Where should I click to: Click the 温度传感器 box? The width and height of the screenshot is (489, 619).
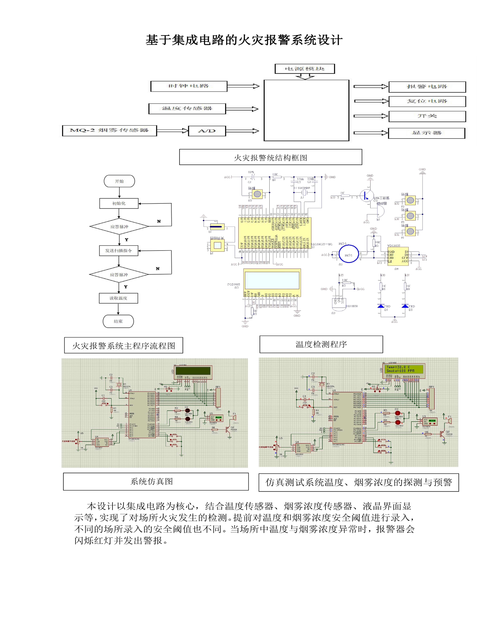coord(187,108)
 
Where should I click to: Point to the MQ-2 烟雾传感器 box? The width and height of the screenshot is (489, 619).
coord(109,131)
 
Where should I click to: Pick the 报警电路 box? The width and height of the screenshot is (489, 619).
coord(427,87)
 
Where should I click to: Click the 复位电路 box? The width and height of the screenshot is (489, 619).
coord(427,101)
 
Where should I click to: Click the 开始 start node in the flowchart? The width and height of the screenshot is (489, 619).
coord(119,181)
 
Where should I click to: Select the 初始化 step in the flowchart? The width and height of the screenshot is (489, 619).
coord(119,203)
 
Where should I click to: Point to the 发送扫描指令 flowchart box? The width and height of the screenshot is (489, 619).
coord(118,251)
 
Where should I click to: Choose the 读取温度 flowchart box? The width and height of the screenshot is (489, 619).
coord(118,298)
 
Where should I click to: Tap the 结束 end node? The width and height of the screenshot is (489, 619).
coord(118,321)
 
